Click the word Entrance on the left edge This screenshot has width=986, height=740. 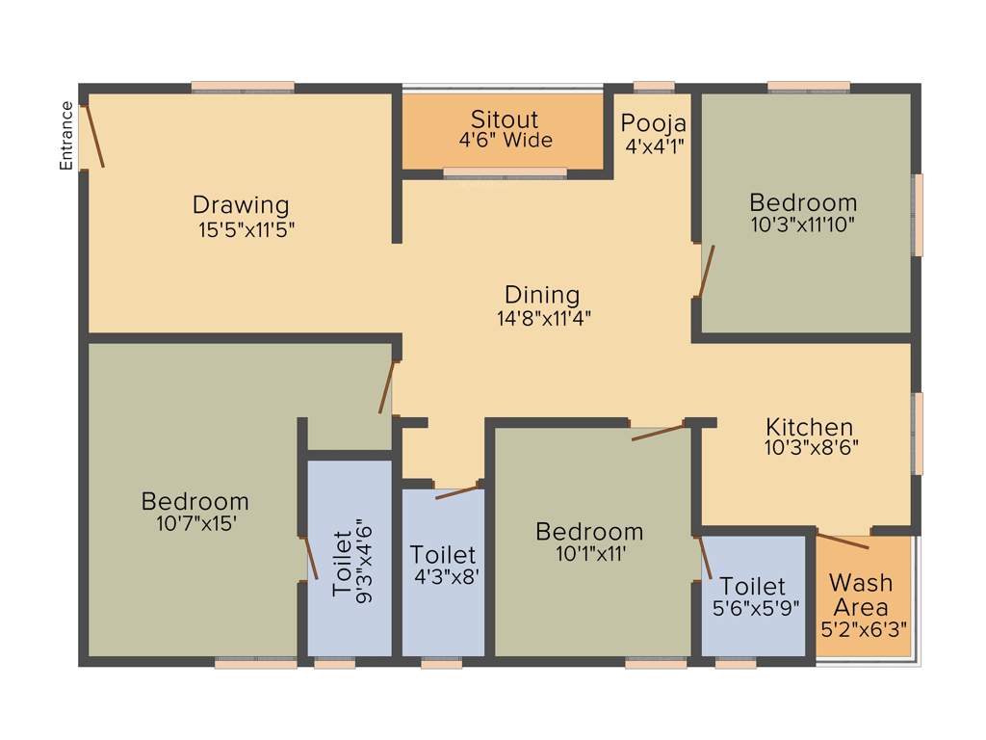(x=66, y=136)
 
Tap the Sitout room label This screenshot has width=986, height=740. (x=505, y=119)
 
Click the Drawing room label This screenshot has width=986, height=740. (x=241, y=204)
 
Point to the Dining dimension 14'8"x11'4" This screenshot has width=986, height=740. (x=543, y=319)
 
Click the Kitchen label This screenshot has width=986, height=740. (x=810, y=426)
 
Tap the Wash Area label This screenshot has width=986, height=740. (x=861, y=595)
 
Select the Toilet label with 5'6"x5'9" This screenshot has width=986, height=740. (x=753, y=586)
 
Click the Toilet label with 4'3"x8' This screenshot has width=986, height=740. (x=443, y=555)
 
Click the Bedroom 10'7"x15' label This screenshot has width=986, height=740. (x=195, y=501)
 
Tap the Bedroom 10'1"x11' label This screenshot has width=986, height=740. (x=589, y=531)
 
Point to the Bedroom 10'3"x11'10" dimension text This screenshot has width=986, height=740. (x=803, y=224)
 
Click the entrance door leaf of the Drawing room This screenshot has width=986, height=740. (x=94, y=135)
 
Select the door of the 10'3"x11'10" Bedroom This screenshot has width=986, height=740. (x=706, y=270)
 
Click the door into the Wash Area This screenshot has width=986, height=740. (x=843, y=540)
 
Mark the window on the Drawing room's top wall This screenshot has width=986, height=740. (x=243, y=87)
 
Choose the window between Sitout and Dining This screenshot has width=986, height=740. (x=505, y=173)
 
